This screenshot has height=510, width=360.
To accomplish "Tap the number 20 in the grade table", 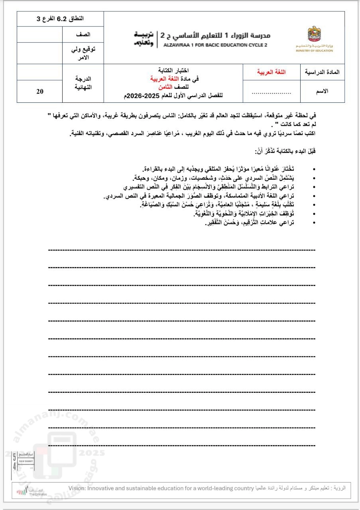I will coord(40,91).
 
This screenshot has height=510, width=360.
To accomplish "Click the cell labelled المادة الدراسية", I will coord(322,72).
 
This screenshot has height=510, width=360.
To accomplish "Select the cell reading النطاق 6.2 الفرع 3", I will coord(60,19).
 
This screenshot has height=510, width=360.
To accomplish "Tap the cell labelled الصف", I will coord(83,35).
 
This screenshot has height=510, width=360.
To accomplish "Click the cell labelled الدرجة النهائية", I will coord(83,83).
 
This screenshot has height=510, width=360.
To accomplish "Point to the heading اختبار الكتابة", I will coord(173,70).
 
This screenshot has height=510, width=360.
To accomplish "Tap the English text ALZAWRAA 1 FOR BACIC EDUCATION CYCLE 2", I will coord(215,45).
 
